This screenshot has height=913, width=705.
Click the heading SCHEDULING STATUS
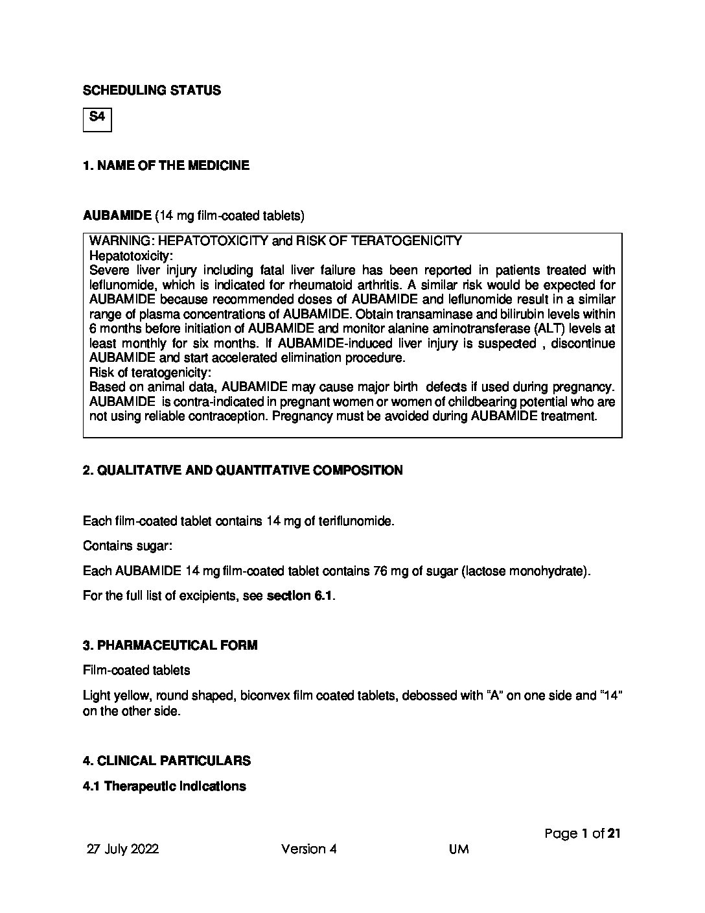tap(152, 91)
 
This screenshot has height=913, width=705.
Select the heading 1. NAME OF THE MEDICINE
tap(166, 165)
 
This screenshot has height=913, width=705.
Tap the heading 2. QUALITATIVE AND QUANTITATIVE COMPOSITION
tap(242, 470)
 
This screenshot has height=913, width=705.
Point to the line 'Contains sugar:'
tap(128, 546)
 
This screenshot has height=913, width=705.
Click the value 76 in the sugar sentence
tap(381, 571)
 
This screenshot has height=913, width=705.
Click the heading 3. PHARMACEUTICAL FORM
tap(170, 645)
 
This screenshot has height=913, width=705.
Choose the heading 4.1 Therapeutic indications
tap(165, 787)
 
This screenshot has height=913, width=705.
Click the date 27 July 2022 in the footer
tap(123, 849)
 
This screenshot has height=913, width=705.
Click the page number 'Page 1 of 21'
tap(582, 834)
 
